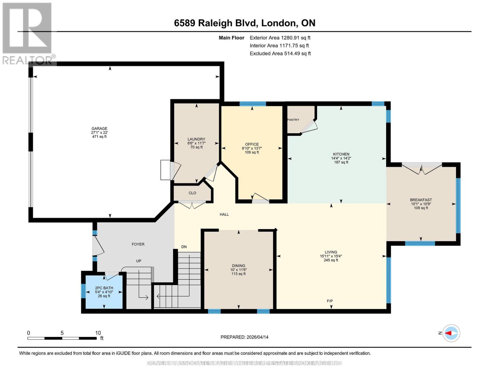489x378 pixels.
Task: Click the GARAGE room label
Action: (x=99, y=129)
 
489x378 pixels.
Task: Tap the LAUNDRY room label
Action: (x=196, y=139)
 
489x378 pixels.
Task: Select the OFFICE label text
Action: (x=252, y=144)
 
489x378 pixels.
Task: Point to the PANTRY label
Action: (x=293, y=120)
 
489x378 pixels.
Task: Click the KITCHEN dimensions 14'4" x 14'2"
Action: (x=341, y=158)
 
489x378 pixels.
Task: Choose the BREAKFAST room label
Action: (x=421, y=200)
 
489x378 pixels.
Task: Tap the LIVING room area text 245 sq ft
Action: (x=331, y=260)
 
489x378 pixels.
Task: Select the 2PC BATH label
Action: (x=104, y=288)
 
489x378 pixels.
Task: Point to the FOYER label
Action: (x=138, y=244)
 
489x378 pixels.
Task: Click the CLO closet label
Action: (x=192, y=193)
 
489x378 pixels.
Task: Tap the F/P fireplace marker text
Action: (x=330, y=301)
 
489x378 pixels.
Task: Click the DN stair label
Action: (x=184, y=247)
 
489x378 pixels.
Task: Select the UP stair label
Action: (x=139, y=261)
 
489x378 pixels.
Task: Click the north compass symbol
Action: (x=451, y=333)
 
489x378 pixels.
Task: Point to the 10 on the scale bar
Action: (x=98, y=333)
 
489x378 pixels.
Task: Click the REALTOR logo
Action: (x=28, y=33)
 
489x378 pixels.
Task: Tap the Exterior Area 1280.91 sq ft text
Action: (x=280, y=38)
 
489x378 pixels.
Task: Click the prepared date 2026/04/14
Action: (x=257, y=337)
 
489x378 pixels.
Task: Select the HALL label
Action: (x=224, y=215)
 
